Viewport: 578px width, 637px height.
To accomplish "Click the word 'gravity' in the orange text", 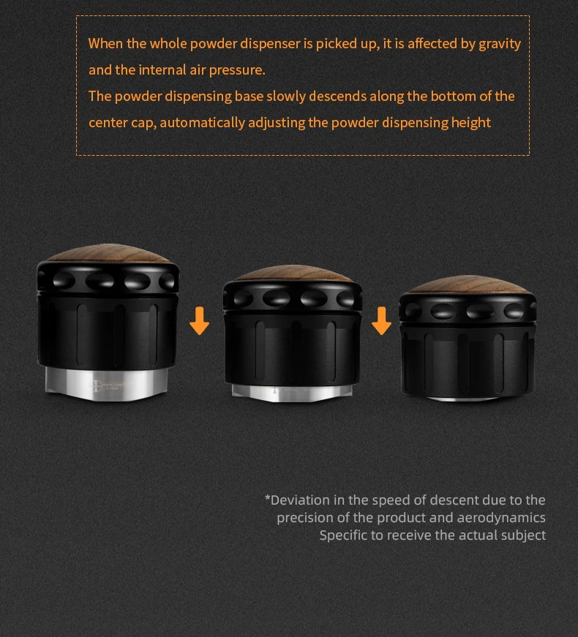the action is click(x=500, y=44).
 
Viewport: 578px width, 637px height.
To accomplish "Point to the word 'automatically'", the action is click(x=202, y=123).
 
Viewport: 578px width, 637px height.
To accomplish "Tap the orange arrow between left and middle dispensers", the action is click(x=199, y=320).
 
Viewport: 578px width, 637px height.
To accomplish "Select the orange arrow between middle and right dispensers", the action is click(x=381, y=320).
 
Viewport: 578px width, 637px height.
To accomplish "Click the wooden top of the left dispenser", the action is click(x=108, y=253).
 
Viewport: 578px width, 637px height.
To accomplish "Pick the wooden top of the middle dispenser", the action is click(x=293, y=274).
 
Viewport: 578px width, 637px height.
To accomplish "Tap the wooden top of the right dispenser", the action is click(x=468, y=284).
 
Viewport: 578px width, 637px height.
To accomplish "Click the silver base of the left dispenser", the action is click(x=107, y=384).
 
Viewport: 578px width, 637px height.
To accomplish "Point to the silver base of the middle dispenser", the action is click(x=292, y=393).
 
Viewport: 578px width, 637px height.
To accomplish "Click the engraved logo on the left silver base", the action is click(x=97, y=385).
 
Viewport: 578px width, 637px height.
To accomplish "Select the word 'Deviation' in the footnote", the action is click(x=300, y=500).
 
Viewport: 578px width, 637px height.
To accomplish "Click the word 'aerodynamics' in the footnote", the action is click(x=501, y=518).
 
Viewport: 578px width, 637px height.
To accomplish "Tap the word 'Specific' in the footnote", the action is click(x=345, y=535).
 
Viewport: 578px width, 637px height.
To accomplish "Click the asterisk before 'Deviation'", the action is click(x=267, y=497).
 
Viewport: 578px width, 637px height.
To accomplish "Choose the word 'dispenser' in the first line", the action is click(x=270, y=44).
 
